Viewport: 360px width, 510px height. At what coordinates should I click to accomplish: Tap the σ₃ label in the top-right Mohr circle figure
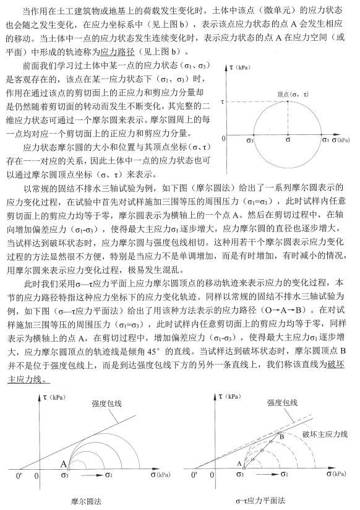coord(250,141)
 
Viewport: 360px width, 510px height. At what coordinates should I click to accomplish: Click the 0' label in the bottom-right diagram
coord(197,475)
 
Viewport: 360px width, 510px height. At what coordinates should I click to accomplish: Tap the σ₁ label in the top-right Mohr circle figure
coord(326,141)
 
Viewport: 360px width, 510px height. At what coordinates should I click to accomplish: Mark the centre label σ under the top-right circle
coord(288,141)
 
